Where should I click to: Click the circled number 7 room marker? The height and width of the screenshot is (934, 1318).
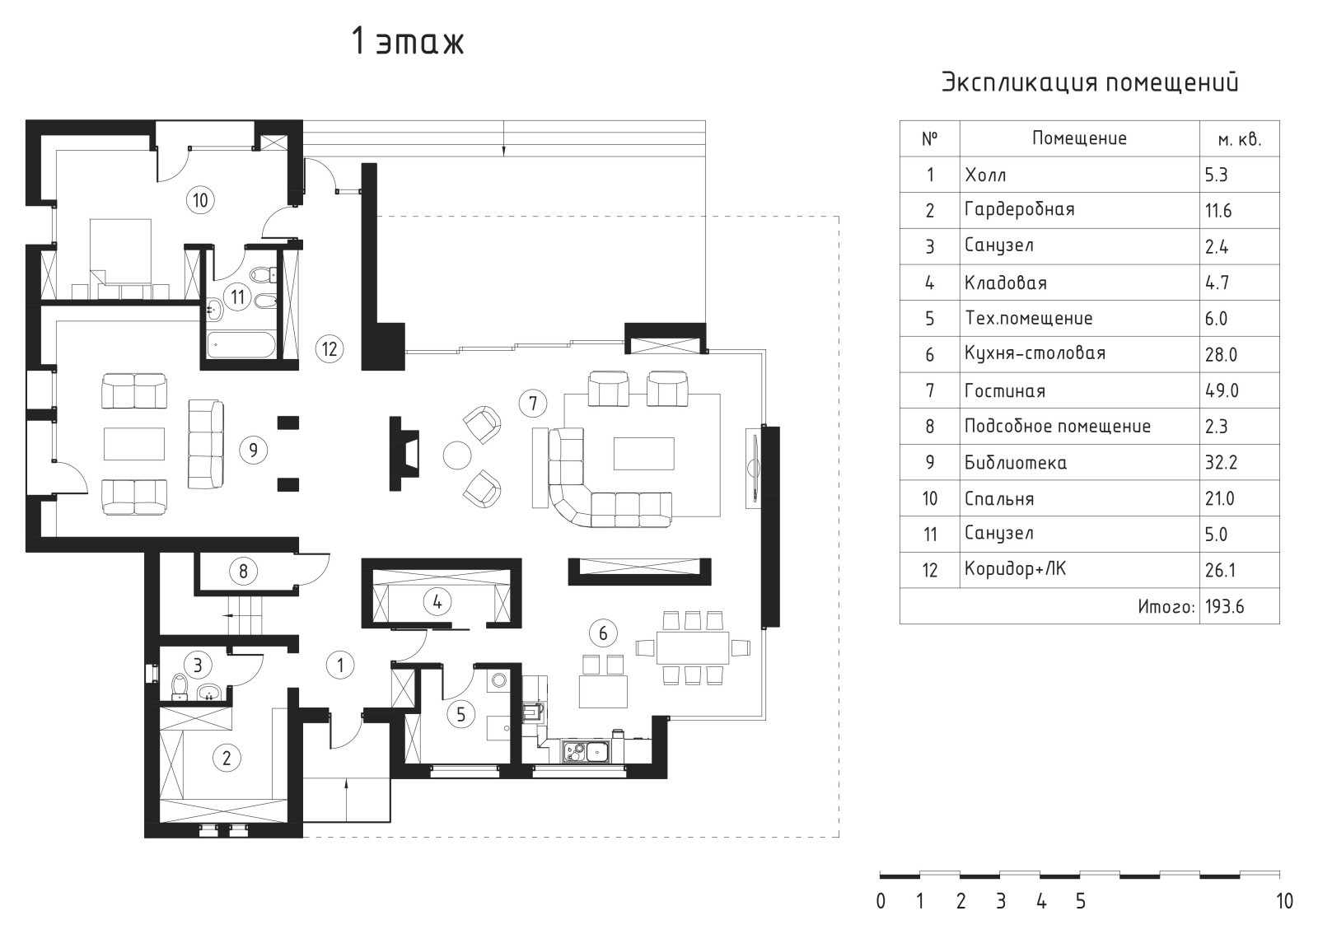532,403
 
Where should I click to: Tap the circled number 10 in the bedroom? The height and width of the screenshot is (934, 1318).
200,200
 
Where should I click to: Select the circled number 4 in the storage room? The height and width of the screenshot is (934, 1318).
437,602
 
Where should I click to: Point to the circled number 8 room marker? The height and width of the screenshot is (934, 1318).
243,571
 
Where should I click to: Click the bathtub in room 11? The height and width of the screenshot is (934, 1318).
241,345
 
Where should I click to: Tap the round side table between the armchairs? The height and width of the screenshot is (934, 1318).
457,455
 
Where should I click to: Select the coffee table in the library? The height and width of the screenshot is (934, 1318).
134,443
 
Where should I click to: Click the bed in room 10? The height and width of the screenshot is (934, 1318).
120,259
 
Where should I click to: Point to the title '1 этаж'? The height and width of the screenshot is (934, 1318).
408,42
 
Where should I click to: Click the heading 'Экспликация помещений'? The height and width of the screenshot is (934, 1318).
1091,82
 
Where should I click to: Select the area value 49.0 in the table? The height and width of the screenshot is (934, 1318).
1222,390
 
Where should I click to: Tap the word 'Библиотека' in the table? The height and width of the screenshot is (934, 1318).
1016,462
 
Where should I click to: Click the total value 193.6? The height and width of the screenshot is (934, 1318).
1224,606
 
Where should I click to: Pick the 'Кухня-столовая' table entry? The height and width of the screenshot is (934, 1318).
1035,353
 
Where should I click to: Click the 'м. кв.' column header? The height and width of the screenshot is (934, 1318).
1240,139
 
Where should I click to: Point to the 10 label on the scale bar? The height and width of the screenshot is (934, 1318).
1284,901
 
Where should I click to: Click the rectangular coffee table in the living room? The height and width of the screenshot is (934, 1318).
643,453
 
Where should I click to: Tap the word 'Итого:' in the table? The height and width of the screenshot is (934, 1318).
1166,606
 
